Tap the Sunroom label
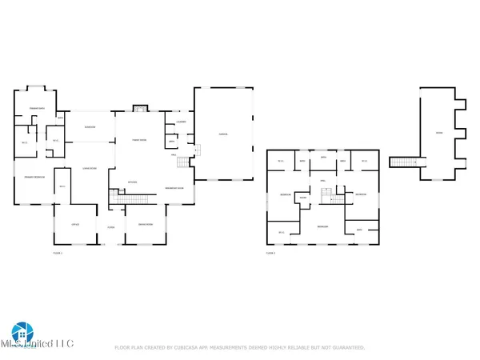click(x=90, y=127)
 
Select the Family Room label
click(x=139, y=139)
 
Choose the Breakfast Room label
click(x=174, y=188)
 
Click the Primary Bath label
click(x=36, y=108)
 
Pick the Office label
click(x=75, y=225)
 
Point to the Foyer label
click(x=111, y=227)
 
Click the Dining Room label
click(x=146, y=225)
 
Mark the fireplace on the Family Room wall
click(x=139, y=108)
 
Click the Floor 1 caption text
click(x=57, y=253)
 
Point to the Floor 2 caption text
click(x=270, y=253)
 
